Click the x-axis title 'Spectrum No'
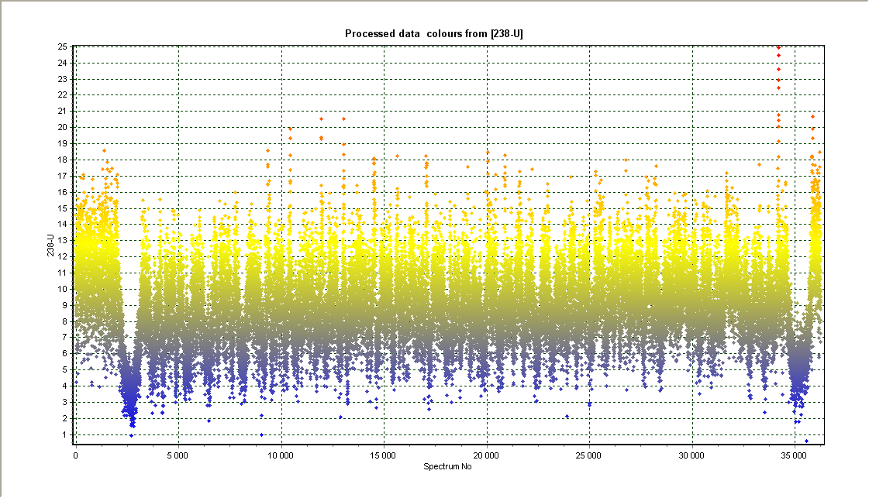coord(447,467)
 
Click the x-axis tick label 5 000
coord(178,456)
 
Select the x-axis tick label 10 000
coord(281,456)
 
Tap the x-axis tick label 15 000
coord(384,456)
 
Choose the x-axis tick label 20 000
coord(487,456)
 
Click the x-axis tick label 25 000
coord(589,456)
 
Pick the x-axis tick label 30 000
coord(691,456)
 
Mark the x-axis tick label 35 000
coord(795,456)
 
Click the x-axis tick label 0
coord(76,456)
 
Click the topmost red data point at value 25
coord(778,47)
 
